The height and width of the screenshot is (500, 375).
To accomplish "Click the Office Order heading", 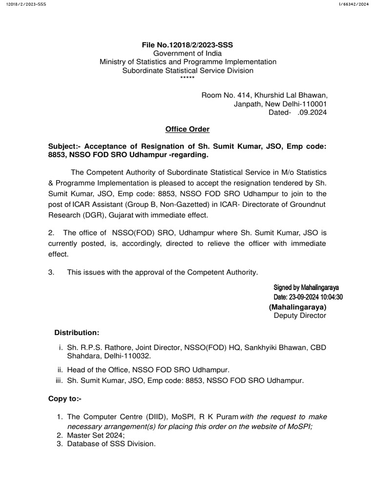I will tap(187, 129).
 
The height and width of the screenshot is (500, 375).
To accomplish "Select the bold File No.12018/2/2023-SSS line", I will tap(187, 45).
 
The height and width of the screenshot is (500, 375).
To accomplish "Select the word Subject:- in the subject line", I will tap(64, 146).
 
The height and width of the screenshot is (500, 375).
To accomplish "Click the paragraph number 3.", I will tap(51, 272).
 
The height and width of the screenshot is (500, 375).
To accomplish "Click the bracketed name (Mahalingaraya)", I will tap(297, 307).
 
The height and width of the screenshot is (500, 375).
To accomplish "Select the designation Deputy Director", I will tap(300, 315).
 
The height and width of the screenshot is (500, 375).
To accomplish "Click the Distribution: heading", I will tap(77, 333).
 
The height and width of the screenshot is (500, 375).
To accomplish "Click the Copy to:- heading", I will tap(64, 398).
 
